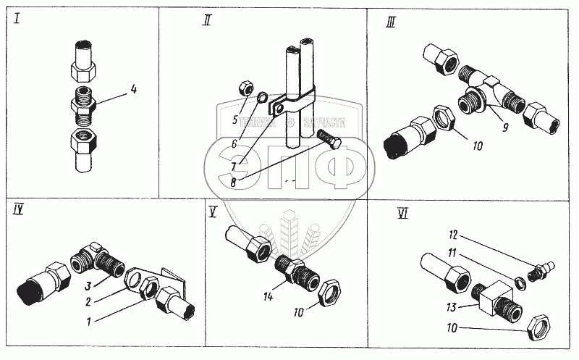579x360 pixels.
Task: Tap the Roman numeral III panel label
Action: (x=390, y=22)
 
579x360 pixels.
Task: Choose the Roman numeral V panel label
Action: (x=213, y=212)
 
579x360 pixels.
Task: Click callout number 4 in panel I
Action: (x=133, y=91)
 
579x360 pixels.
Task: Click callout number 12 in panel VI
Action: (x=453, y=235)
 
